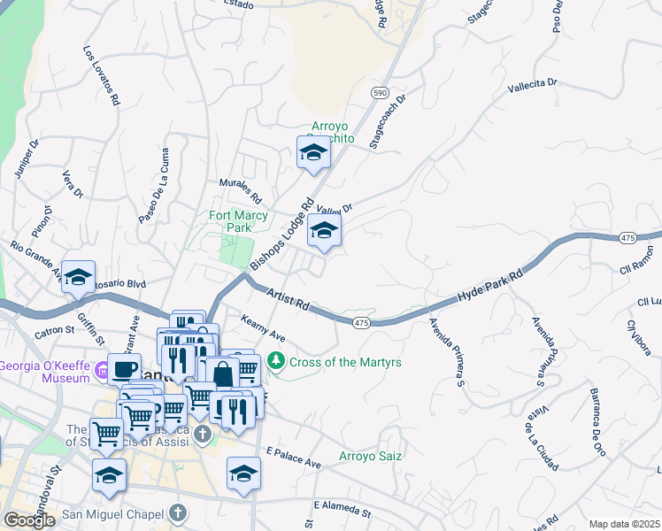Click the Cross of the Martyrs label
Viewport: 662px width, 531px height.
(x=346, y=362)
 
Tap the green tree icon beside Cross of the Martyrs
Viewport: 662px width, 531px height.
(x=277, y=361)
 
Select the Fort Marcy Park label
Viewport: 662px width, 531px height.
(x=238, y=221)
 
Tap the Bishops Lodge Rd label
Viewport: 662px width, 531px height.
(x=282, y=234)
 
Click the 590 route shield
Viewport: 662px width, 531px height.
(x=380, y=93)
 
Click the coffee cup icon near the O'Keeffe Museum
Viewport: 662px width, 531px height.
(x=124, y=368)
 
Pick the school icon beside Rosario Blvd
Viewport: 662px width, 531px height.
(x=79, y=276)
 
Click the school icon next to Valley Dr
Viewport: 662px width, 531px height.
(x=325, y=232)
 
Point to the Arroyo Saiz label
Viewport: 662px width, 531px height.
(x=371, y=457)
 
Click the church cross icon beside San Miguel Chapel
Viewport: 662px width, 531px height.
(x=178, y=512)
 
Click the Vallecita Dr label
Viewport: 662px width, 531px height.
(x=532, y=86)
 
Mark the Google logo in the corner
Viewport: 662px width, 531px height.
(x=30, y=520)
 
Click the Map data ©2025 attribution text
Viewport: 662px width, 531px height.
(x=625, y=524)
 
